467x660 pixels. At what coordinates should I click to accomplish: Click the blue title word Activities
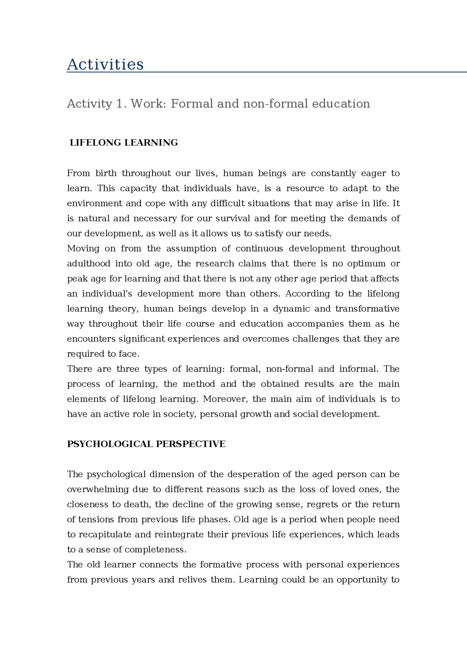click(x=105, y=65)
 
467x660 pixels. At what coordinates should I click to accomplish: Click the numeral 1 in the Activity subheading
click(x=120, y=104)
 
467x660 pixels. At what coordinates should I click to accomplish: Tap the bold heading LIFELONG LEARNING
click(x=124, y=142)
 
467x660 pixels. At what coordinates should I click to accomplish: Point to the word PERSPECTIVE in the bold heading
click(x=190, y=444)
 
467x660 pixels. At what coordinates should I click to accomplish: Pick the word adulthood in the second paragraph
click(x=89, y=263)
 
